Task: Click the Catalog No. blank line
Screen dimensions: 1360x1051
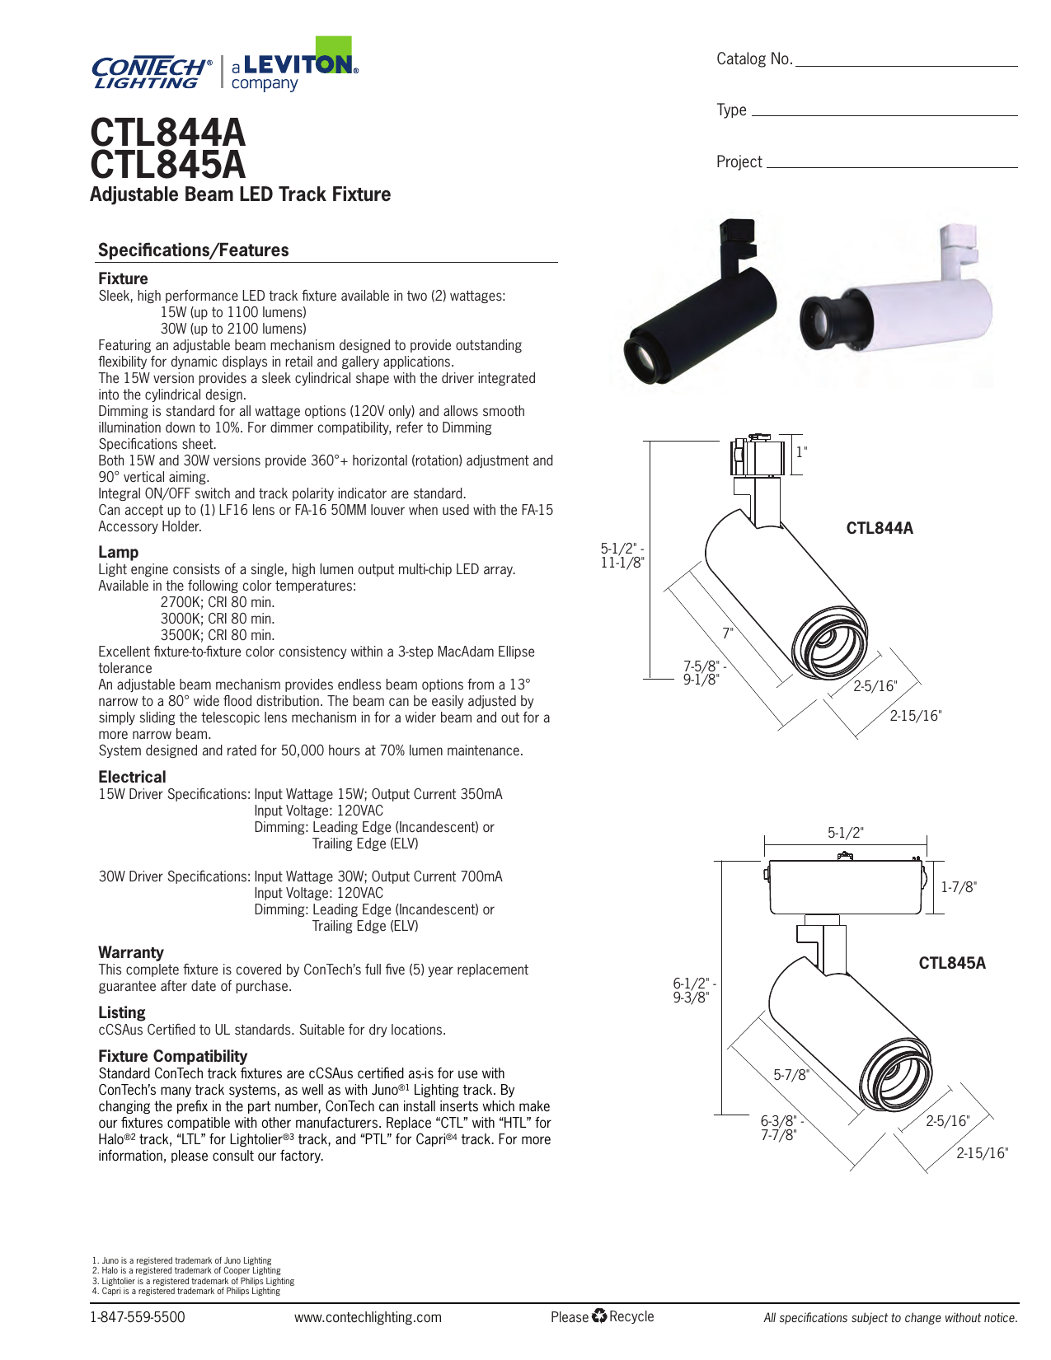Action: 906,65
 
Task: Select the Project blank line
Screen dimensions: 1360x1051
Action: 891,166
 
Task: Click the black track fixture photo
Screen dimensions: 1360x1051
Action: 701,301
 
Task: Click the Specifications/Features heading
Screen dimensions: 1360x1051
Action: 194,250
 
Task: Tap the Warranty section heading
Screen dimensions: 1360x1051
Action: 131,952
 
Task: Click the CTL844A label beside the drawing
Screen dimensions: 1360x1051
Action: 880,529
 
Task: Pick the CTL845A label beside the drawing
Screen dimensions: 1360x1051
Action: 952,963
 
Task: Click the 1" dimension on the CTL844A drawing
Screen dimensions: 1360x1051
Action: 801,452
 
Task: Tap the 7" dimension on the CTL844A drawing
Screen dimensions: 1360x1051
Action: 727,633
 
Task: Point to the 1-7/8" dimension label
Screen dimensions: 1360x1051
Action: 959,887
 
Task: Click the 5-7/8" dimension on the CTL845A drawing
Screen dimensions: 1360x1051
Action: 791,1075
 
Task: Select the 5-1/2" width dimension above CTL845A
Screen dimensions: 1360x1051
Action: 846,833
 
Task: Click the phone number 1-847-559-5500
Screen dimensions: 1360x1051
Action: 138,1317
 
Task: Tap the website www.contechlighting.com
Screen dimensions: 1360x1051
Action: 368,1317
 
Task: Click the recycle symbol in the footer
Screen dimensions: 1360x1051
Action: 599,1316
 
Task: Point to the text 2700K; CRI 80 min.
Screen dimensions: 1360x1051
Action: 218,602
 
